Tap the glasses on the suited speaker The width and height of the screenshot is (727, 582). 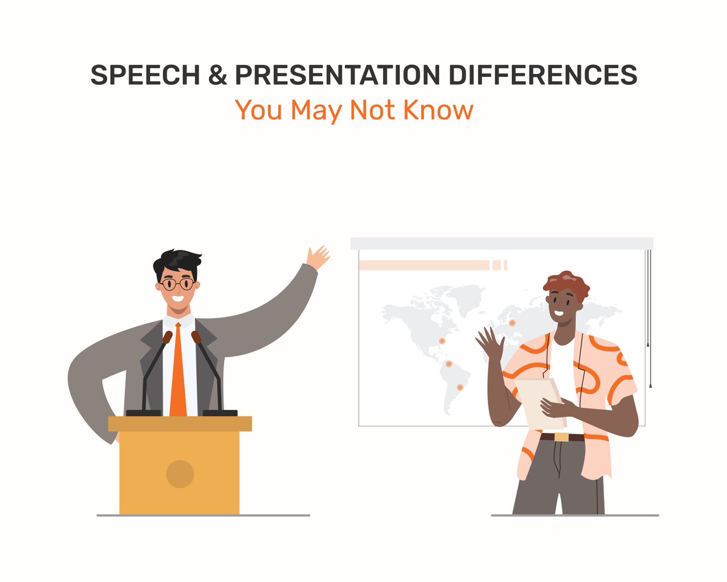[x=178, y=284]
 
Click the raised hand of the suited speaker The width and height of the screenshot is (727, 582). [x=317, y=257]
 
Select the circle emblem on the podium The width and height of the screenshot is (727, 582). [x=180, y=473]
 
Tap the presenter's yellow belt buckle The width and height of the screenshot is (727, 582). [x=562, y=436]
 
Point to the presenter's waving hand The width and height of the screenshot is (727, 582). [x=488, y=344]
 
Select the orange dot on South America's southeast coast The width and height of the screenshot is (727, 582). [x=460, y=387]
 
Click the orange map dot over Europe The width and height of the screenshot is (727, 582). [x=512, y=323]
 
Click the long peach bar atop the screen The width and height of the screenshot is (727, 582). [x=424, y=265]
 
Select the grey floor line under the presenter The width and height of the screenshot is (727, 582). [x=574, y=515]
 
